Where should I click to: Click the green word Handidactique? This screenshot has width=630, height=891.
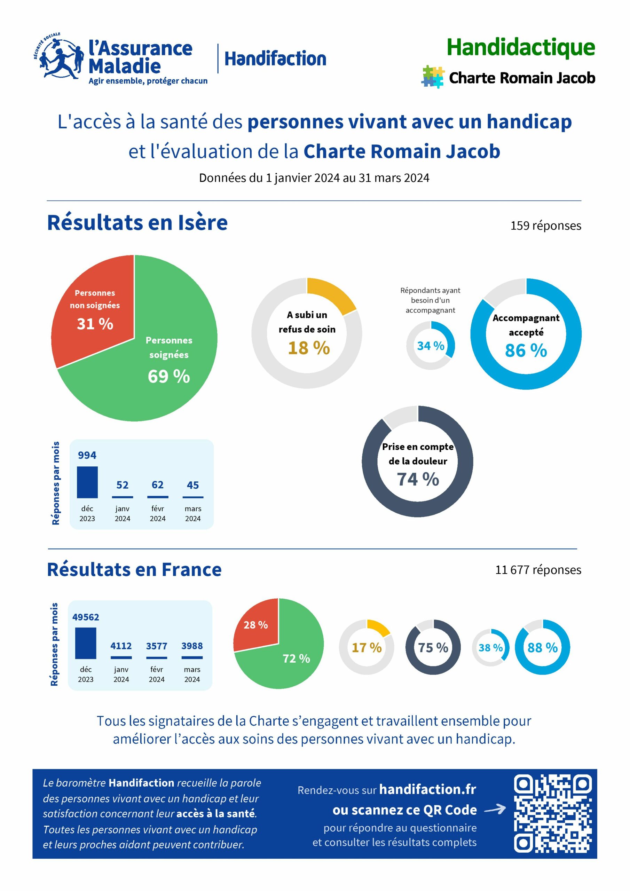click(521, 47)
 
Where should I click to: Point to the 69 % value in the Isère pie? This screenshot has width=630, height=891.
click(169, 377)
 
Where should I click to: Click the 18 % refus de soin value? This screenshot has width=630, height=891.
click(309, 348)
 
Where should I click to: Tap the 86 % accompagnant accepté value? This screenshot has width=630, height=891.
click(526, 350)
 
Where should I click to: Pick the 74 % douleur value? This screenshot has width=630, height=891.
click(418, 479)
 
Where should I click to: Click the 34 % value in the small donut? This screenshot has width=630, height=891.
click(431, 346)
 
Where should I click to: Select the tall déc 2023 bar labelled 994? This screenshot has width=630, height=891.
click(87, 482)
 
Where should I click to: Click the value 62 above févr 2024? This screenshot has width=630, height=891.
click(158, 485)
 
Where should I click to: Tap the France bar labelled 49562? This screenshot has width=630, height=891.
click(86, 643)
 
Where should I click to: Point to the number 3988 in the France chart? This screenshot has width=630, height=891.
click(192, 646)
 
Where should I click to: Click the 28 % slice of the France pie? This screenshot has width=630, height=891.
click(256, 625)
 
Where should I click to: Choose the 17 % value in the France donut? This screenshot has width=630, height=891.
click(367, 648)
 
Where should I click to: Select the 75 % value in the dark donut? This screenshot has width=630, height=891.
click(433, 648)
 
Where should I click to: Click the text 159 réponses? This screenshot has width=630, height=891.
click(545, 226)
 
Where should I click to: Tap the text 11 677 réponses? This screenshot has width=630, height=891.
click(538, 570)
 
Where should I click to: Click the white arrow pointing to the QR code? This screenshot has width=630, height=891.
click(495, 810)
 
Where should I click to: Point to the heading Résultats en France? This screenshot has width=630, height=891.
click(134, 570)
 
